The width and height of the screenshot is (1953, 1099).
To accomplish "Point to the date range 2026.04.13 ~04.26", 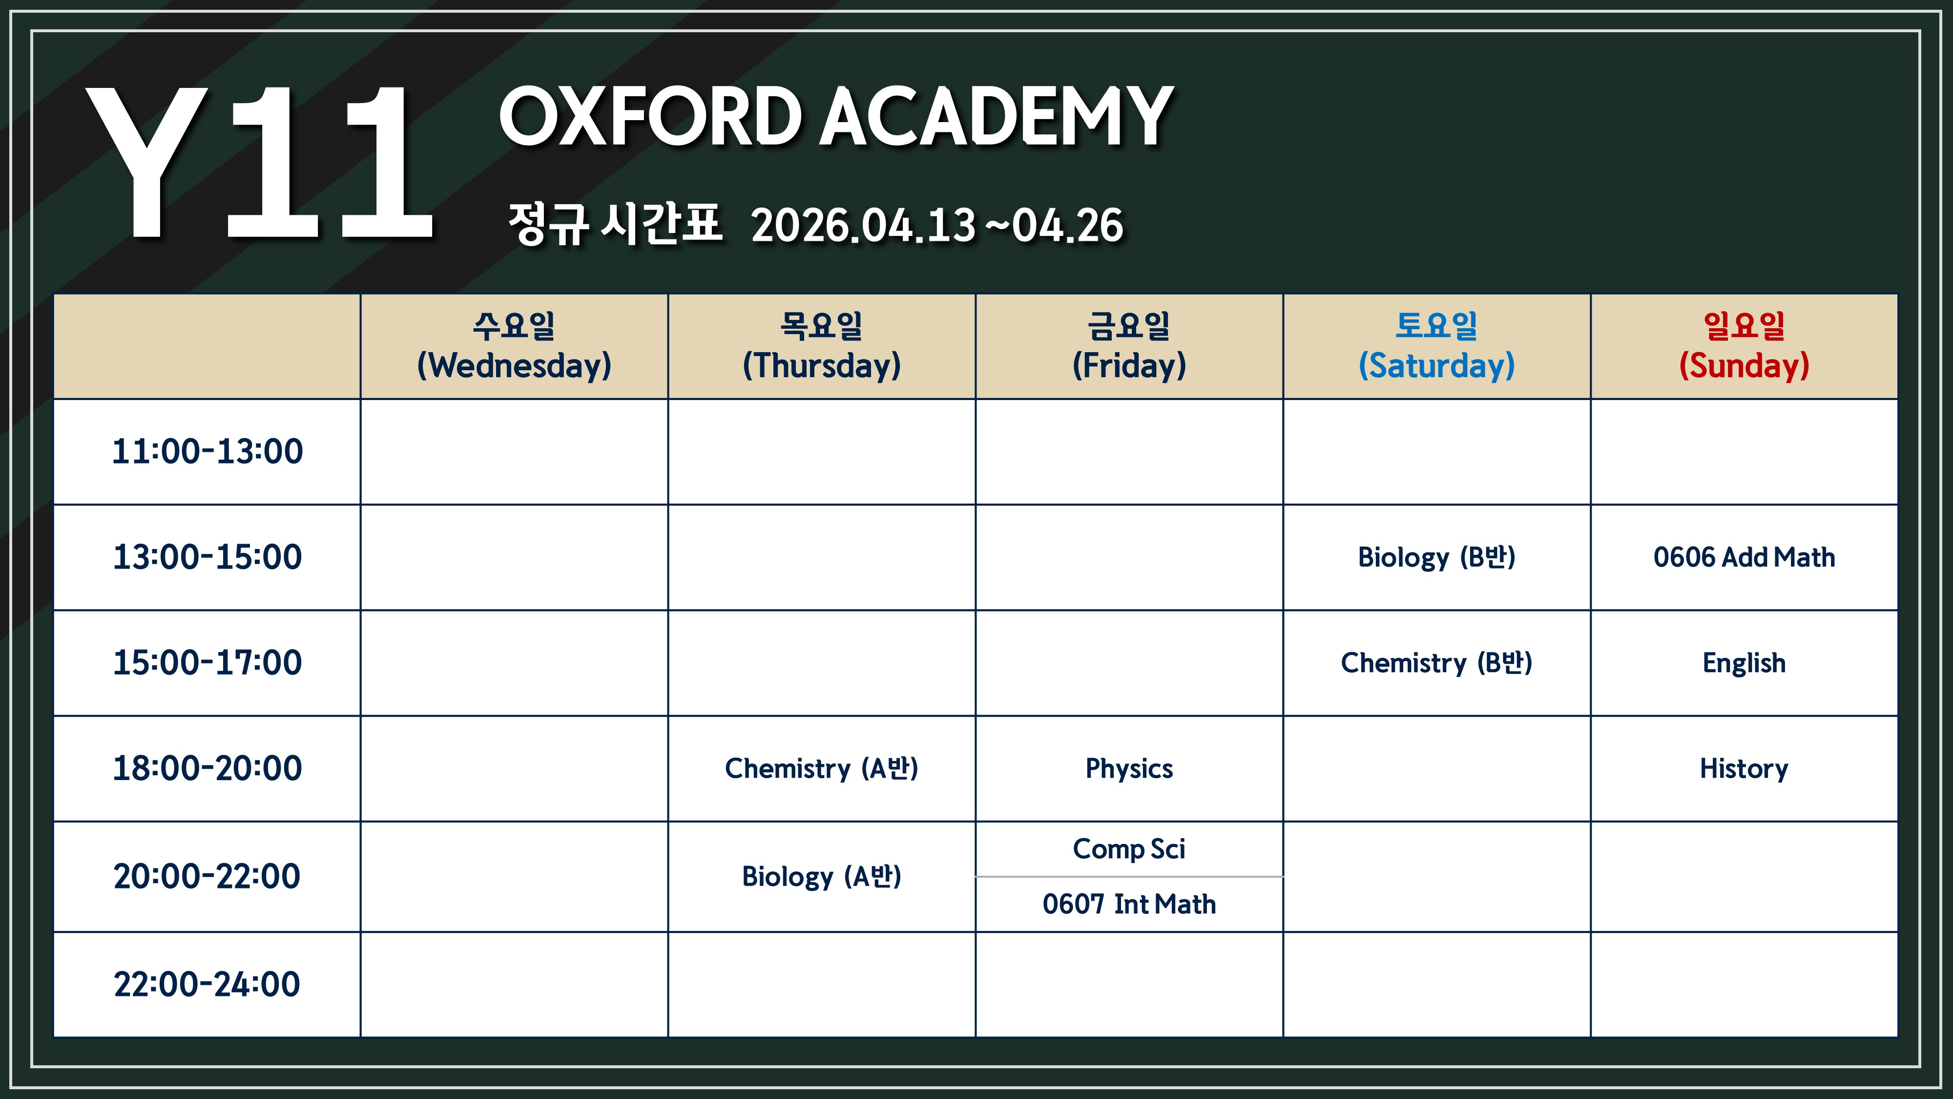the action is tap(937, 225).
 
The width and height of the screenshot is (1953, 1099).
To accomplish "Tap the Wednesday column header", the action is tap(514, 346).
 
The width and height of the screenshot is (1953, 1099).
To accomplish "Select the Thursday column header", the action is tap(822, 346).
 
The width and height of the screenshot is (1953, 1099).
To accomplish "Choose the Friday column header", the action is tap(1129, 346).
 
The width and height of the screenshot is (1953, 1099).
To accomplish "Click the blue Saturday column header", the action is tap(1437, 346).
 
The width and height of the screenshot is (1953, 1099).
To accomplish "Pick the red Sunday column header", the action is tap(1744, 346).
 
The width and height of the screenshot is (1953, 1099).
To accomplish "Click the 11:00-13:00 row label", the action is tap(207, 451).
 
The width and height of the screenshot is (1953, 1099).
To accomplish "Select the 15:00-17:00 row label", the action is tap(207, 663).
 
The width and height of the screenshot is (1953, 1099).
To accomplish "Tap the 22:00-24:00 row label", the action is tap(207, 985).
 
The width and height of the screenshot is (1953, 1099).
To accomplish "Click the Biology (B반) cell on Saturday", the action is tap(1437, 557).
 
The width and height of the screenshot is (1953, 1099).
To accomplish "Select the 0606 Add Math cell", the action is tap(1744, 557).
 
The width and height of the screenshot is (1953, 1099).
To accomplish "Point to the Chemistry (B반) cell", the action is tap(1437, 663).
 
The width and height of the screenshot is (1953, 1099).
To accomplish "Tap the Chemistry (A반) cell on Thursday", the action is tap(822, 768).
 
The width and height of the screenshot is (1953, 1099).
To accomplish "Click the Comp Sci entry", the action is tap(1129, 849).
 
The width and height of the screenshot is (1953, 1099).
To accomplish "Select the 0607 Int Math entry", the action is tap(1129, 904).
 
